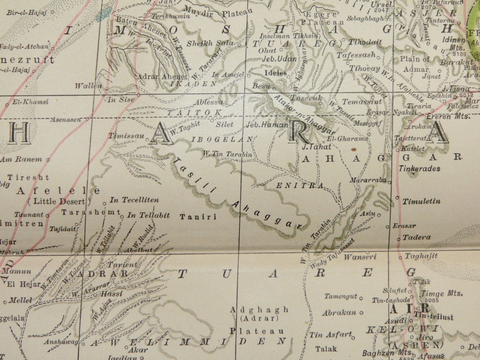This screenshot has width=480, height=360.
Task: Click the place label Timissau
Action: click(126, 136)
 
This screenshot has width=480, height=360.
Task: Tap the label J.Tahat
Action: click(316, 147)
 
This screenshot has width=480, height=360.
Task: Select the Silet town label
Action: click(224, 124)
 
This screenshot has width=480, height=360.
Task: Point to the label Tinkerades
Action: click(420, 169)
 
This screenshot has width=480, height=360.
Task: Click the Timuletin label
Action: click(421, 201)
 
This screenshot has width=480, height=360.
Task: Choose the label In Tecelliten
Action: click(134, 200)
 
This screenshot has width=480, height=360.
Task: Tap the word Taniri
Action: click(198, 217)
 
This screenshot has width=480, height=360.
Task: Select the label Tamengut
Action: click(341, 296)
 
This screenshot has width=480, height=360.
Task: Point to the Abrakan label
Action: click(339, 313)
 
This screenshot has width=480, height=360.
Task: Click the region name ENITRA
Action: click(300, 186)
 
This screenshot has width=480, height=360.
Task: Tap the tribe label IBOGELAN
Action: click(222, 139)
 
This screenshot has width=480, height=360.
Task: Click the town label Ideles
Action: click(275, 73)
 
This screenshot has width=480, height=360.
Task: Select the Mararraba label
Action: click(368, 180)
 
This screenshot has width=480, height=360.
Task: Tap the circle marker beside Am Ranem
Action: click(48, 159)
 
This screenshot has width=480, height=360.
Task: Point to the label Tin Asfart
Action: click(330, 335)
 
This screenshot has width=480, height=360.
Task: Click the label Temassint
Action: click(362, 102)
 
